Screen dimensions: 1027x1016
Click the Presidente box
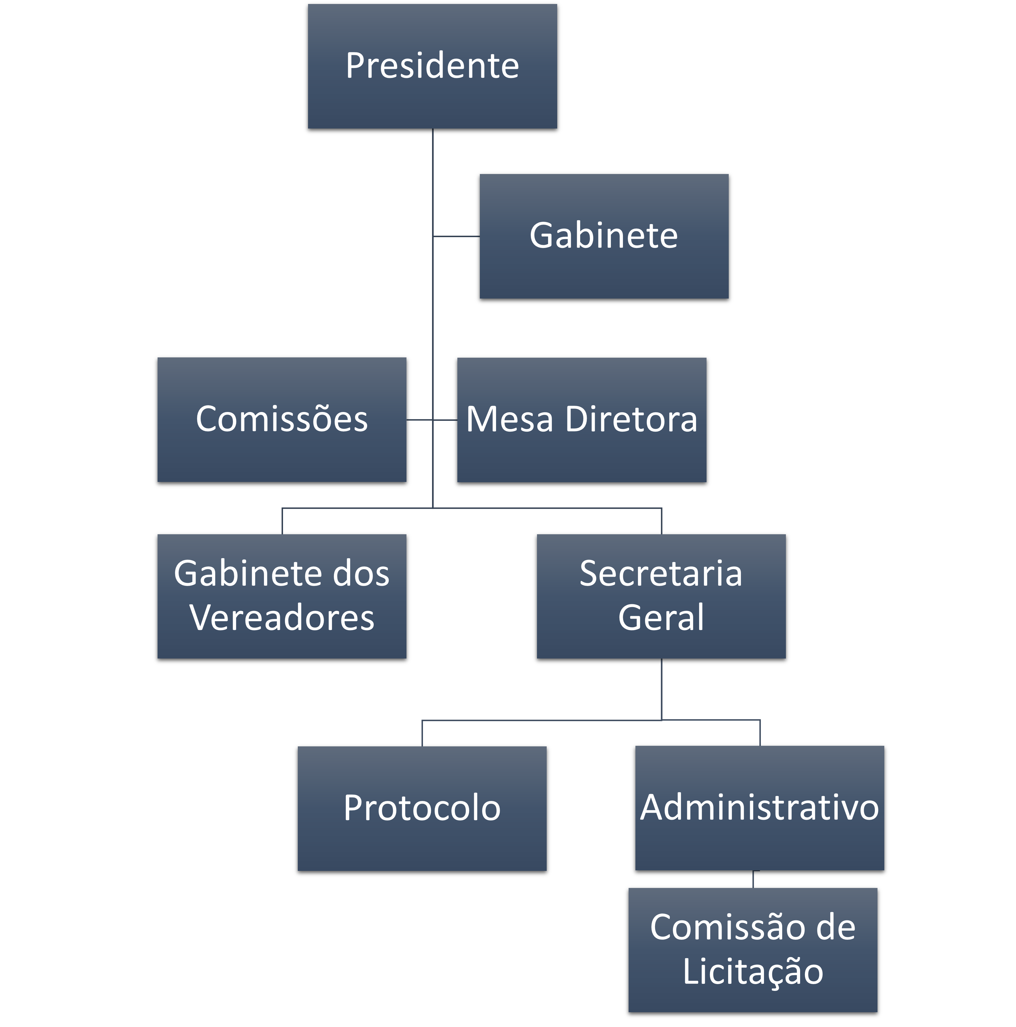pos(432,67)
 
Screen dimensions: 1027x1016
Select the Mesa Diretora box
pos(582,420)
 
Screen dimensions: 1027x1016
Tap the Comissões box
pos(282,420)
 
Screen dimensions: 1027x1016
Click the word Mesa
pos(509,420)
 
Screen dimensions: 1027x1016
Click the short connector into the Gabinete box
pos(456,236)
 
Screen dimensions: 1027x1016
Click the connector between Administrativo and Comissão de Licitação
pos(753,880)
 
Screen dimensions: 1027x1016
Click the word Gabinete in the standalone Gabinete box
pos(604,236)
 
